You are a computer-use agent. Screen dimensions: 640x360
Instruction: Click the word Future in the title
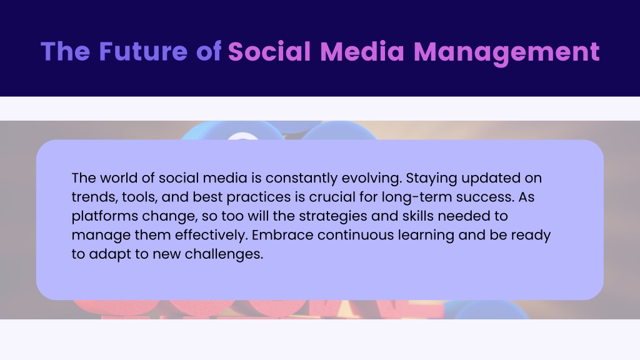pyautogui.click(x=143, y=51)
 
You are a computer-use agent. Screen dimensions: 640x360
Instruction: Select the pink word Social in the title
pyautogui.click(x=269, y=51)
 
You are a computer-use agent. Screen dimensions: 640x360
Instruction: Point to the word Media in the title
pyautogui.click(x=362, y=51)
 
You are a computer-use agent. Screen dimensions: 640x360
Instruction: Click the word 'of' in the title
pyautogui.click(x=209, y=51)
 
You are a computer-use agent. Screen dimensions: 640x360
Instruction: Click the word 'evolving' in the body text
pyautogui.click(x=371, y=178)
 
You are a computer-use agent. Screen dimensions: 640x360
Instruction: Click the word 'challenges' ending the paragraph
pyautogui.click(x=224, y=254)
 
